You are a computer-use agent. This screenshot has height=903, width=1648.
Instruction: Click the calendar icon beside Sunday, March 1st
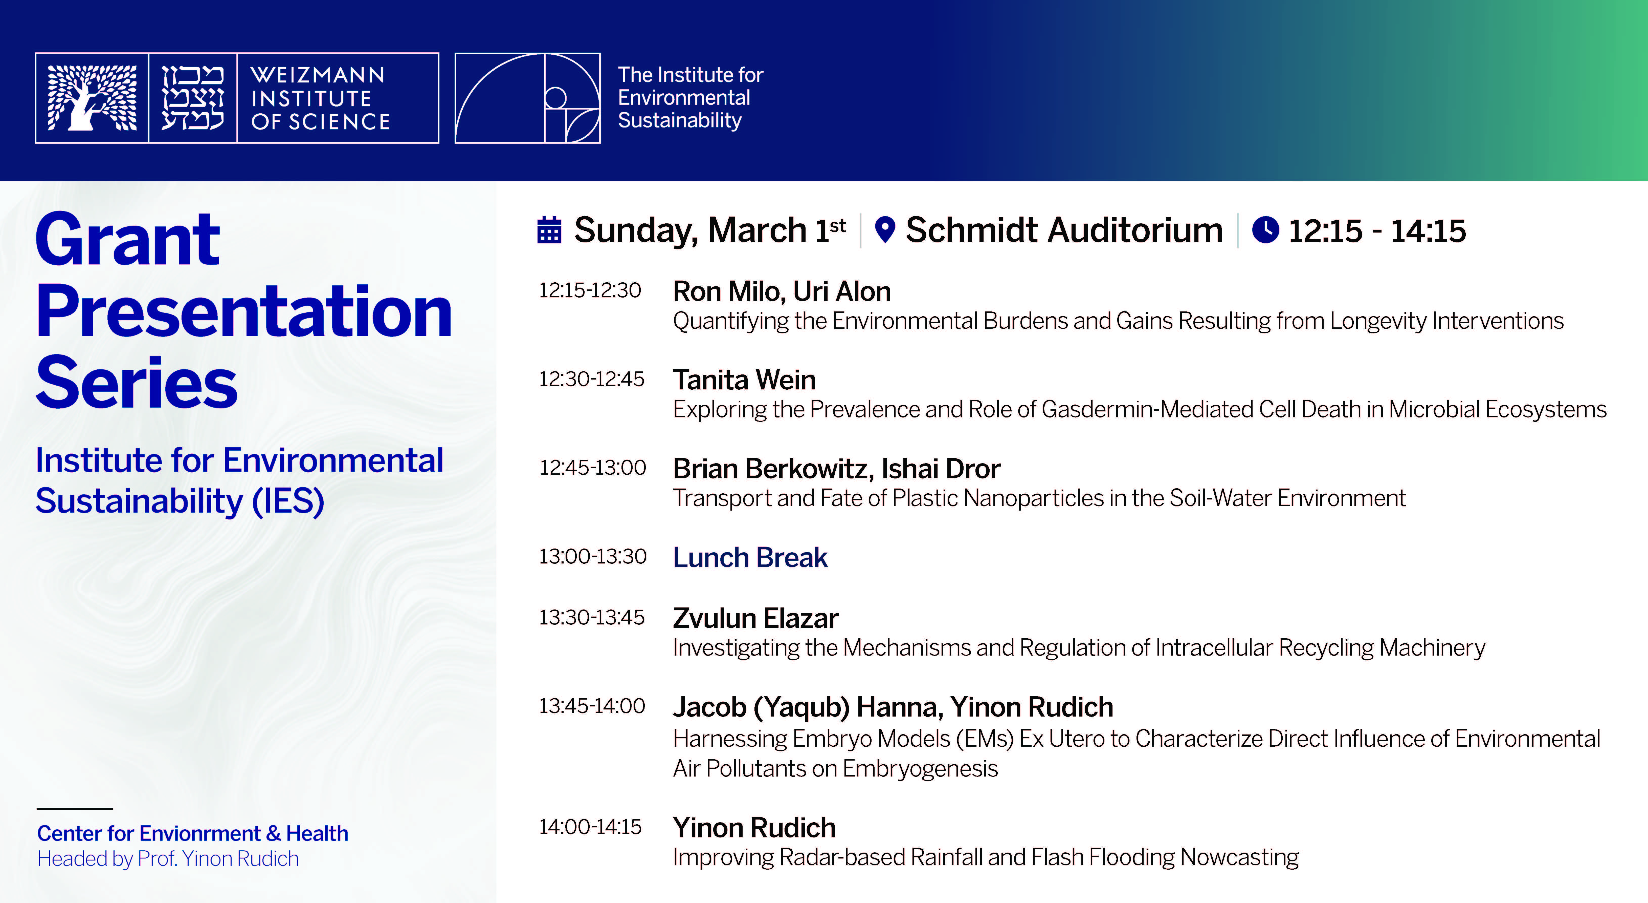pos(549,230)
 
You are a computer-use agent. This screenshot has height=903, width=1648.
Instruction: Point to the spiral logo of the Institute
pos(528,98)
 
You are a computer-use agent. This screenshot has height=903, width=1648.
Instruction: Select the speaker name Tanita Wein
pos(744,380)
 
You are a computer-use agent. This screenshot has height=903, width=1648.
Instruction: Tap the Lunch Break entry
pos(750,557)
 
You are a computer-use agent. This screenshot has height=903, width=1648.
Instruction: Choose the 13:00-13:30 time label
pos(592,556)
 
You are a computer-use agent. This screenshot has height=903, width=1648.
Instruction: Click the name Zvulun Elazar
pos(755,618)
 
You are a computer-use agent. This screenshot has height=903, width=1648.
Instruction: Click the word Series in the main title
pos(136,383)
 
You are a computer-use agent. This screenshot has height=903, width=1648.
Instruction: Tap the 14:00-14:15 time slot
pos(590,827)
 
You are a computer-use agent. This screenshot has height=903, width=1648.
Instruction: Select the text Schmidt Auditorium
pos(1064,230)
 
